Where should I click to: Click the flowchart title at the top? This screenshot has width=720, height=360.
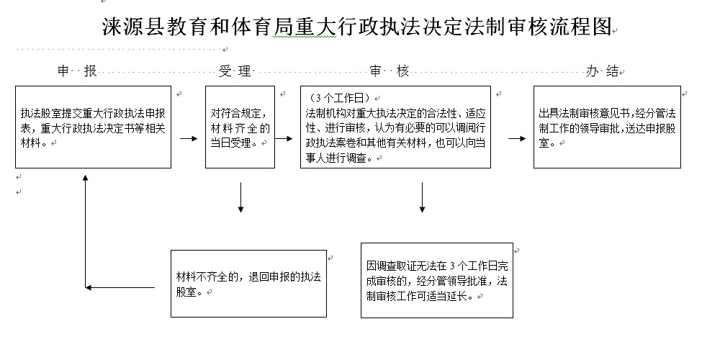click(x=356, y=28)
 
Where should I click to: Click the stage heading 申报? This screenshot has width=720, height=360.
click(x=77, y=71)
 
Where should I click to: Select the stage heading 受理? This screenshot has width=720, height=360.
click(x=235, y=71)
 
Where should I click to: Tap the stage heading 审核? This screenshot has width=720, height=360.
click(x=390, y=71)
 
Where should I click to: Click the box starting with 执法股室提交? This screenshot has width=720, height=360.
click(x=94, y=127)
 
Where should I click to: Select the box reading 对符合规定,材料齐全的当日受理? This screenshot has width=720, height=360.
click(x=240, y=127)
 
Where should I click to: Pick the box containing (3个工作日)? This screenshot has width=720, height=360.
click(x=395, y=127)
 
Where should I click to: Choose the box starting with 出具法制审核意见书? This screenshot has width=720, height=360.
click(x=607, y=127)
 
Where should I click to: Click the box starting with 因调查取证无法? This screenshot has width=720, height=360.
click(x=437, y=280)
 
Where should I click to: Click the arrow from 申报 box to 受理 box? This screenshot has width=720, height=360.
click(x=189, y=138)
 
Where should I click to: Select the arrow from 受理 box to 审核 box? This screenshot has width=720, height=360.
click(x=284, y=138)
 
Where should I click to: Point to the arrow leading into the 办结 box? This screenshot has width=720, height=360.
click(x=516, y=138)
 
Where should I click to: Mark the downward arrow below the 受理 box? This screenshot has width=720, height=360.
click(x=240, y=198)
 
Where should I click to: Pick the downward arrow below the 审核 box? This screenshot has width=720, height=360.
click(x=422, y=198)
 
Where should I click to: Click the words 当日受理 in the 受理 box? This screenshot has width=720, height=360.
click(x=232, y=143)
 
